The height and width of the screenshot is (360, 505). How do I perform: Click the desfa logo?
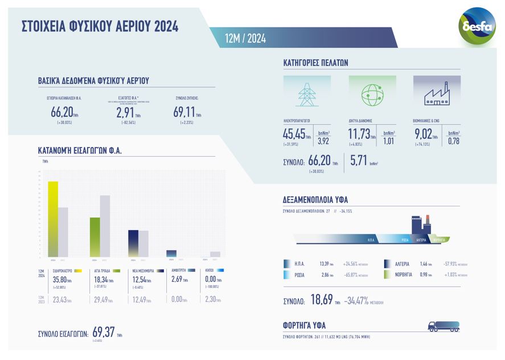pos(477,25)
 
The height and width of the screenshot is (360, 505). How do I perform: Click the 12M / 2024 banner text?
pos(245,38)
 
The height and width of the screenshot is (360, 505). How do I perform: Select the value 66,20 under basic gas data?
pos(61,113)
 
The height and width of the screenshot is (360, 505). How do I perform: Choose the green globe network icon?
pos(372,94)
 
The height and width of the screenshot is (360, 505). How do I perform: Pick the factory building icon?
pos(437,94)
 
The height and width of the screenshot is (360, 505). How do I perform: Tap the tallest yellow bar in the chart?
pos(52,219)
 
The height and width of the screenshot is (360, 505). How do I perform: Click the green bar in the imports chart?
pos(95,237)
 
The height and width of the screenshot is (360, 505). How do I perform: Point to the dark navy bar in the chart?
pos(133,243)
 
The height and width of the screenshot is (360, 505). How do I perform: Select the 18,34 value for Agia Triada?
pos(101,280)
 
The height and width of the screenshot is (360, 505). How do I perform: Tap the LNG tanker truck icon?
pos(443,326)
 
